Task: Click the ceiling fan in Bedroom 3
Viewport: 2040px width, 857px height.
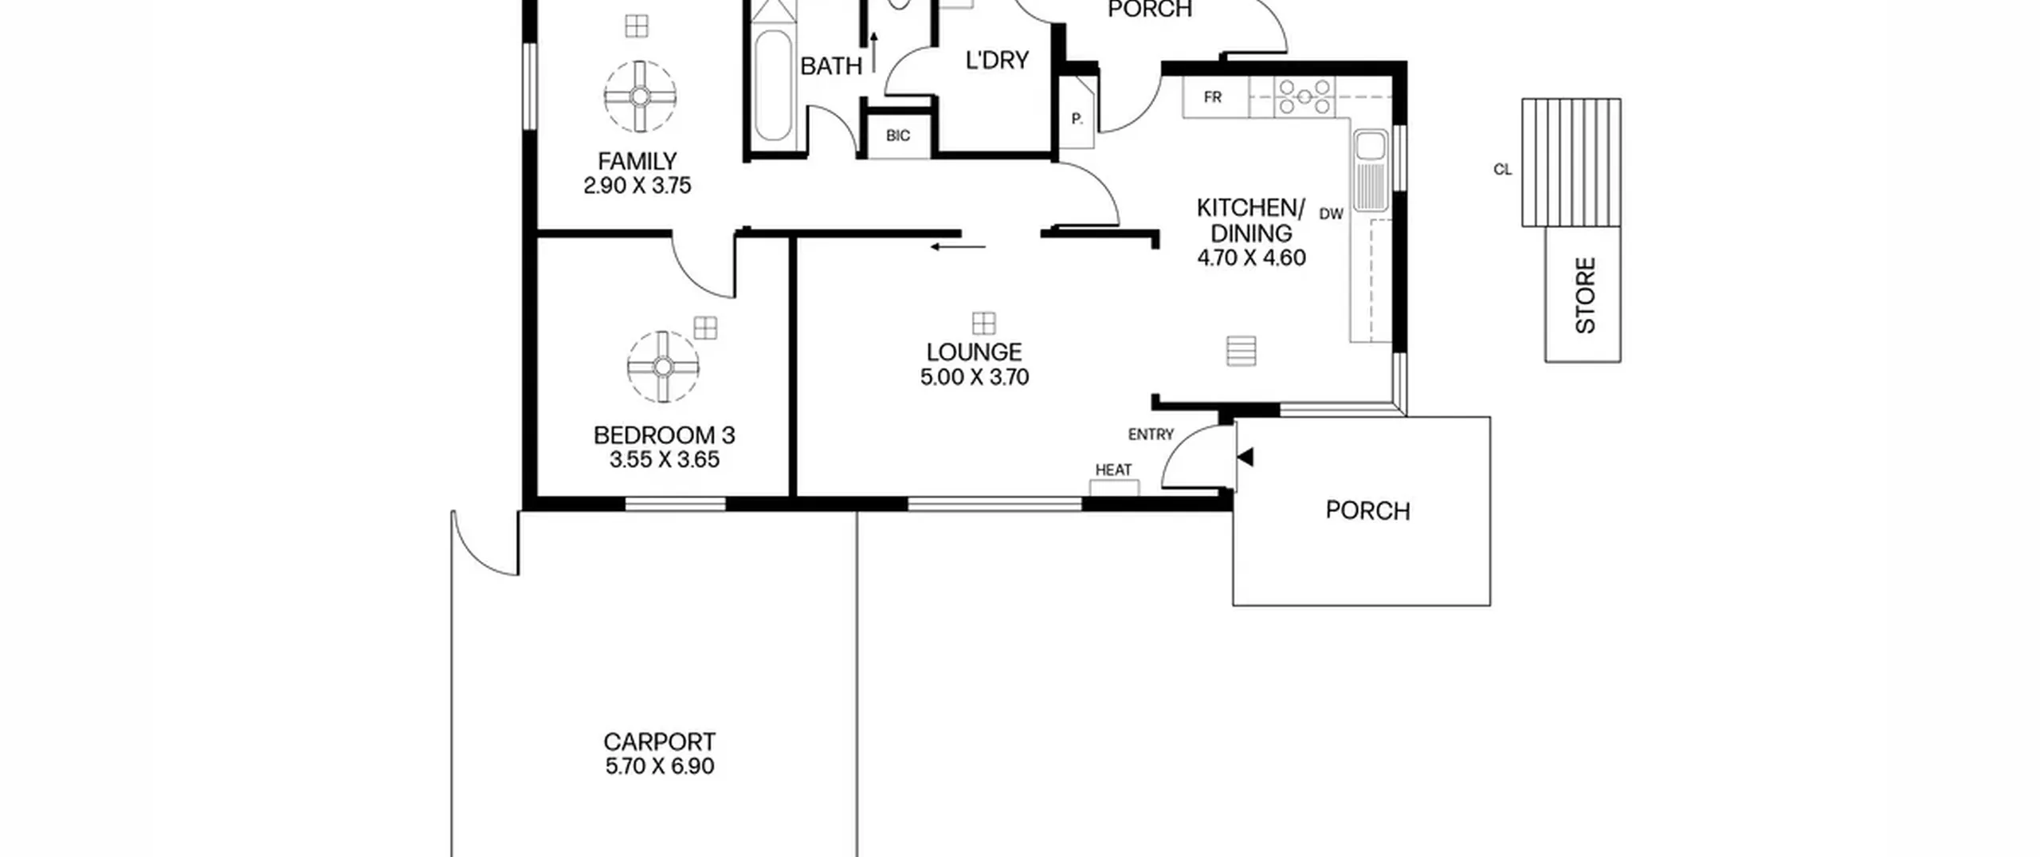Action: [663, 367]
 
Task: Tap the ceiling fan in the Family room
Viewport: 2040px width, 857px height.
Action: [641, 96]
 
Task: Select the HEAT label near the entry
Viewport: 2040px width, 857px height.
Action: [1113, 470]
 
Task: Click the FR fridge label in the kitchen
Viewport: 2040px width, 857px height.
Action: [1213, 97]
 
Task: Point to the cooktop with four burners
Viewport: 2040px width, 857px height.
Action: [1304, 97]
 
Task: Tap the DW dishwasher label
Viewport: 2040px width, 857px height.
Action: [1332, 214]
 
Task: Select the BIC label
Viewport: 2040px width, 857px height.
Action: [898, 136]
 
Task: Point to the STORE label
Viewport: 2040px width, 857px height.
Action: [1586, 295]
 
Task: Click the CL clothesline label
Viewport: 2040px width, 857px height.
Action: [1502, 170]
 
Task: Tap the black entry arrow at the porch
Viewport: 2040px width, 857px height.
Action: [1245, 457]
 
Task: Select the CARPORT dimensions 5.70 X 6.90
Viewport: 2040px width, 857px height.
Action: [660, 766]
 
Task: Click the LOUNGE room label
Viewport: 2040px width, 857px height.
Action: [974, 352]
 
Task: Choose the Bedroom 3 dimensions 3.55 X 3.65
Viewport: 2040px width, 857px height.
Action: [665, 460]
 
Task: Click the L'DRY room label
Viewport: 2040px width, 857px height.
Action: [997, 61]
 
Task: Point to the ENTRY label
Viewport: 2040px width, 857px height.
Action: [1151, 434]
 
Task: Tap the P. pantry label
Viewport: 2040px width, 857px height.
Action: [1077, 119]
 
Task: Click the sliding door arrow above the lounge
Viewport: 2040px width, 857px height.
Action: [958, 247]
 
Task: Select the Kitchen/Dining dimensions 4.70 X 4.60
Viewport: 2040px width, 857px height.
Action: [1252, 258]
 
